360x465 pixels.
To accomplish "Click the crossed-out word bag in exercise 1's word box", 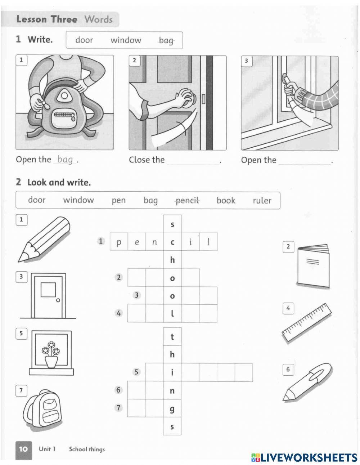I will click(x=166, y=41).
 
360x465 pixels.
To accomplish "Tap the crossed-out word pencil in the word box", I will click(x=187, y=201).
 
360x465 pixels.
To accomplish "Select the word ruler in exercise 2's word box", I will click(x=262, y=201).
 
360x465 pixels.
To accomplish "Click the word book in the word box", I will click(x=226, y=201).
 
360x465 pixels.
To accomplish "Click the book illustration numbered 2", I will click(x=313, y=266).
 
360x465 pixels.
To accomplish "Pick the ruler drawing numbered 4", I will click(x=307, y=322).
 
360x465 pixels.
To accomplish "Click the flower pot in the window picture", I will click(x=51, y=361).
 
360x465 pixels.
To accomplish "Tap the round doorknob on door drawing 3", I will click(x=58, y=300).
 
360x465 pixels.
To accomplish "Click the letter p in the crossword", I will click(x=119, y=242).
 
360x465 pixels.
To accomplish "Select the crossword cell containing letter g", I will click(x=172, y=408).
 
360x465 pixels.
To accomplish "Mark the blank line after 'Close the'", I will click(x=193, y=161).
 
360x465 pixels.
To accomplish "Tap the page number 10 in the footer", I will click(x=23, y=449).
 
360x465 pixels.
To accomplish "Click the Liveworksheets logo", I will click(x=304, y=457).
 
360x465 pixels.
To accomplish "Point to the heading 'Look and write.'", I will click(x=59, y=183).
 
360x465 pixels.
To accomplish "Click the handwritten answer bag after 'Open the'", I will click(x=65, y=160).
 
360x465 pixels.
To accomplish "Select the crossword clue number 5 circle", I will click(x=136, y=372).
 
